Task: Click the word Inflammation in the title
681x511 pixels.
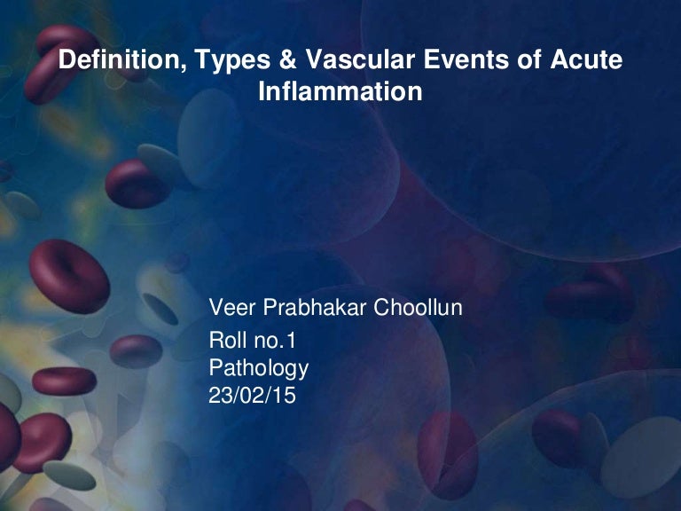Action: pyautogui.click(x=340, y=90)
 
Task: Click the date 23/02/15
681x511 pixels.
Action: pyautogui.click(x=252, y=394)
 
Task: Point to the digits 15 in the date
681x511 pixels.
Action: pyautogui.click(x=285, y=394)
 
